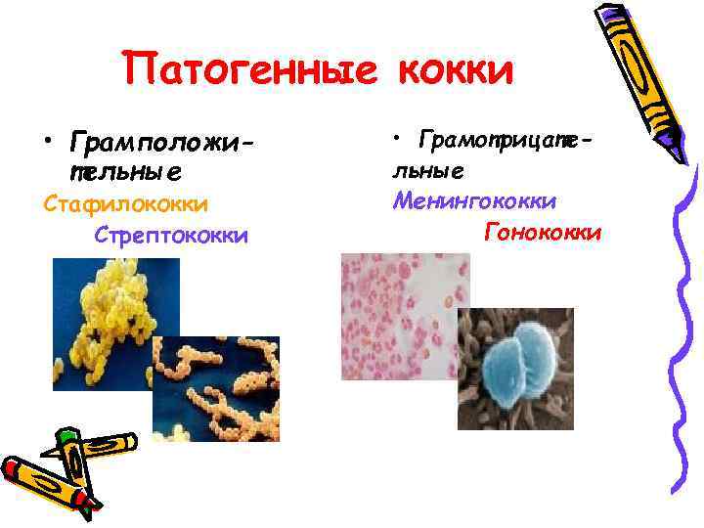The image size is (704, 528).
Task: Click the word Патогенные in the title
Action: (x=254, y=70)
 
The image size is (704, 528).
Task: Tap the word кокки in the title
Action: (x=455, y=70)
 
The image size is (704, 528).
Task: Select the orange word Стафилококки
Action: (x=125, y=204)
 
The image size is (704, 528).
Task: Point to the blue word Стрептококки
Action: (x=171, y=236)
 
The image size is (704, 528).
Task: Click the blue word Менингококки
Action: (x=474, y=201)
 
